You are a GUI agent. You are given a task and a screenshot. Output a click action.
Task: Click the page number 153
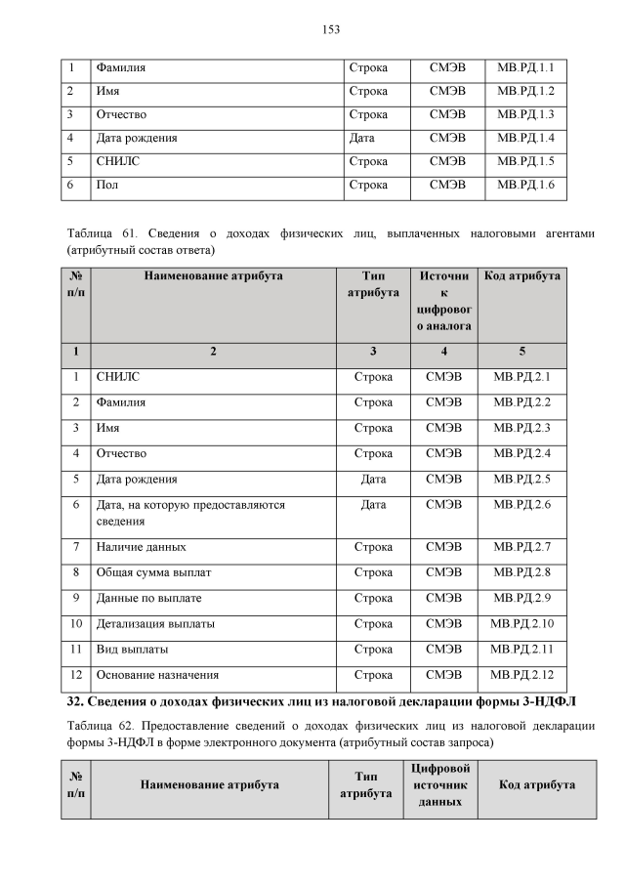[x=331, y=29]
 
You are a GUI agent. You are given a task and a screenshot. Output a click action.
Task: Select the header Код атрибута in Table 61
[x=522, y=276]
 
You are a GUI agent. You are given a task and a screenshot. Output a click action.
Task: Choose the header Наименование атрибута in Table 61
[x=214, y=276]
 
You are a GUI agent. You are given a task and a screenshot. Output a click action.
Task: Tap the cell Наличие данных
[x=141, y=547]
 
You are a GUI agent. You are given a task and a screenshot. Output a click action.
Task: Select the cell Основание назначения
[x=156, y=674]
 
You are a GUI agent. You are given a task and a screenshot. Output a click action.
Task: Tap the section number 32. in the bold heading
[x=74, y=701]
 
